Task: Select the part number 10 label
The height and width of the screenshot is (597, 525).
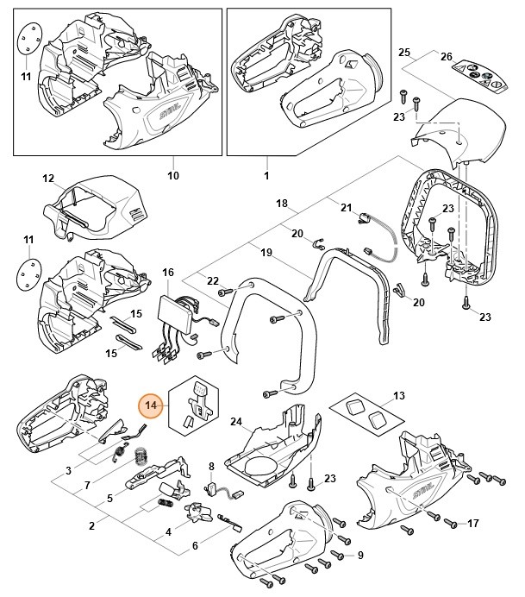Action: coord(172,175)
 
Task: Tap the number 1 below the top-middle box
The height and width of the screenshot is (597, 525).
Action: coord(266,175)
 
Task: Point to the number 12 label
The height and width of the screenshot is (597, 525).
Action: coord(48,179)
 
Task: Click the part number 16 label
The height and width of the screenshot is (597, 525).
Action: coord(168,273)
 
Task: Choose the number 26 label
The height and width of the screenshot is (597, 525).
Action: coord(446,56)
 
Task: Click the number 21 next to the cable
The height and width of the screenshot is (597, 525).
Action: coord(347,208)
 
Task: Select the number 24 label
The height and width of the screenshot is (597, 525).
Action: coord(235,422)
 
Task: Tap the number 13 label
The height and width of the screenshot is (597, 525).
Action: coord(397,396)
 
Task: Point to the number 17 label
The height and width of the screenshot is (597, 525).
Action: coord(472,524)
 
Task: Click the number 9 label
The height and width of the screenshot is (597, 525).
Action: coord(360,555)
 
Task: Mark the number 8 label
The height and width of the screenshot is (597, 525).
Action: coord(211,467)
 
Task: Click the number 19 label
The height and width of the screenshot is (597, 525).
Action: coord(266,252)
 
